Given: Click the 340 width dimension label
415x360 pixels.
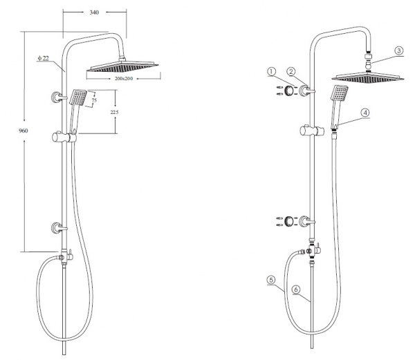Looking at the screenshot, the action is [x=94, y=12].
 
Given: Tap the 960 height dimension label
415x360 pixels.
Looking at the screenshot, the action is [x=24, y=131].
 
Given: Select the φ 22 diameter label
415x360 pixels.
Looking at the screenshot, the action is [x=43, y=58].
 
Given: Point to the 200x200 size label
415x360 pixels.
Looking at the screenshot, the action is [x=124, y=79].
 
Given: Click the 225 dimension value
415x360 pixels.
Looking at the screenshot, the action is [x=114, y=112].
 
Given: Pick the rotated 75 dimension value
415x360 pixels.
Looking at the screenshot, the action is [x=94, y=100].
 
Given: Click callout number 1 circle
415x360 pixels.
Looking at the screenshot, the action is [x=271, y=72].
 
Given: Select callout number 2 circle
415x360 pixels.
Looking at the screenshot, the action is [x=291, y=71].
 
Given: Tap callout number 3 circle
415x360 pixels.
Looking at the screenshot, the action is [x=399, y=50].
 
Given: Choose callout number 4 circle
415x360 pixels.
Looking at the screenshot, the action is [x=365, y=113].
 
